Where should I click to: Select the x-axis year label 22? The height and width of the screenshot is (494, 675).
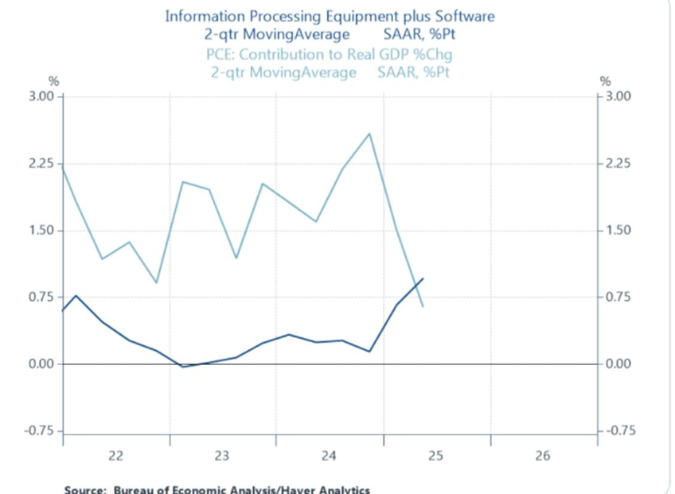(115, 457)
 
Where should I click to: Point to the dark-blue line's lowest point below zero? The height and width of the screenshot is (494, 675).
(183, 367)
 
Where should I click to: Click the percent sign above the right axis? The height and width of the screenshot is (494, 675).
(605, 81)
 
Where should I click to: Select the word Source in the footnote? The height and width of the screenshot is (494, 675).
(84, 489)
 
